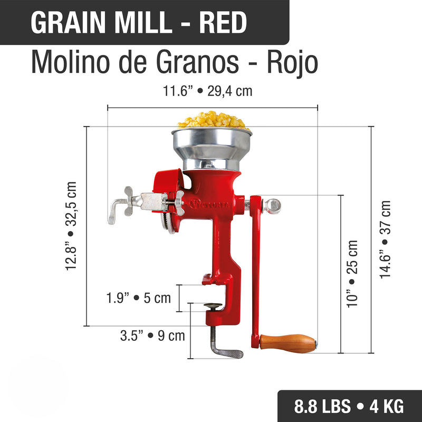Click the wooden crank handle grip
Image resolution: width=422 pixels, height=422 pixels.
point(287,343)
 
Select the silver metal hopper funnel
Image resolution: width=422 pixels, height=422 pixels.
point(211,145)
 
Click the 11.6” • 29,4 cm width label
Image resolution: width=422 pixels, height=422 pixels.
point(207,91)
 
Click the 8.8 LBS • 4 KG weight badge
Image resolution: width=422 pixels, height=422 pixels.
point(349,406)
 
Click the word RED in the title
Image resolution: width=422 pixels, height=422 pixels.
point(223,22)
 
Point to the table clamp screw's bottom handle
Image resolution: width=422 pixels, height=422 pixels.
point(227,352)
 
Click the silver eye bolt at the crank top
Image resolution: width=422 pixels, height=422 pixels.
point(273,204)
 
